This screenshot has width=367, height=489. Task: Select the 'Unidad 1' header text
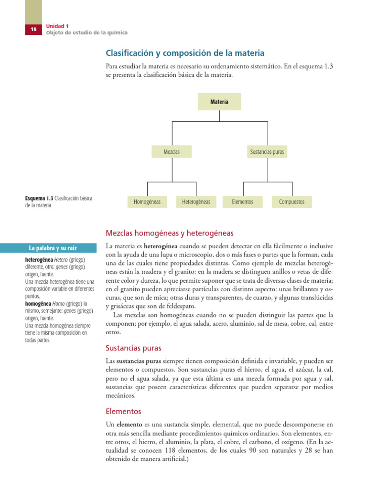[57, 26]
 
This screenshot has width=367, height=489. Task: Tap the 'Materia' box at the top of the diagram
[219, 102]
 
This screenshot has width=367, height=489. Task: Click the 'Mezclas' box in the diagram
[171, 152]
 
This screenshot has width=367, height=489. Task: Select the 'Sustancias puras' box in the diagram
[267, 152]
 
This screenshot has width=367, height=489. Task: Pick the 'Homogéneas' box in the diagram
[147, 202]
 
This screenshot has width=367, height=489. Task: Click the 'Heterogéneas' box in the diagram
[196, 202]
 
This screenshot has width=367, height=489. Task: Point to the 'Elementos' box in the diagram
[242, 202]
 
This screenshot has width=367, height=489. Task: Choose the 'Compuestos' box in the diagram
[291, 202]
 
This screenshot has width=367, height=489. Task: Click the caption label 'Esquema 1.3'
[39, 198]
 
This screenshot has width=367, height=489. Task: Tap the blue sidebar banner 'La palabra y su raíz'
[53, 248]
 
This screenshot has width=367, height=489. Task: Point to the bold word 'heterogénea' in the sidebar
[40, 260]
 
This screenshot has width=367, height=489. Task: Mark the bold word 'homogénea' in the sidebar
[39, 303]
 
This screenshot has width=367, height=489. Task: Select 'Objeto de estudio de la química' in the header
[86, 33]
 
